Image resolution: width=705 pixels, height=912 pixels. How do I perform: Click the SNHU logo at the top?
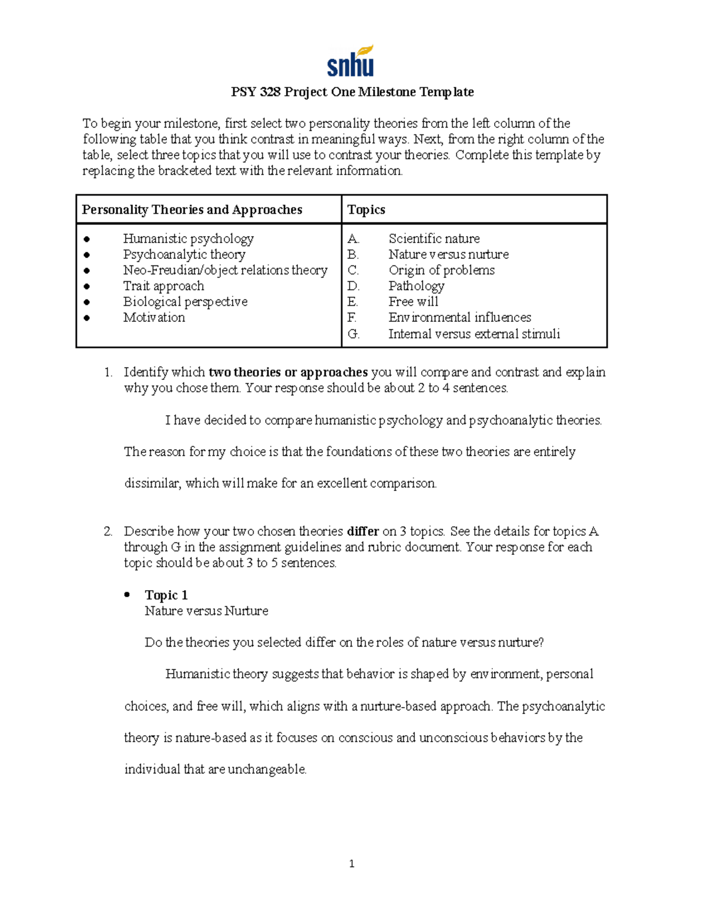pyautogui.click(x=351, y=62)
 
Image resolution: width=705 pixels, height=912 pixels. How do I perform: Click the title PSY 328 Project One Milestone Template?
pyautogui.click(x=352, y=92)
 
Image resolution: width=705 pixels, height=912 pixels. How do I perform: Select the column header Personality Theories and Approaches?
pyautogui.click(x=192, y=210)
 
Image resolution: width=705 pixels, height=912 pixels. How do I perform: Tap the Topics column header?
pyautogui.click(x=366, y=210)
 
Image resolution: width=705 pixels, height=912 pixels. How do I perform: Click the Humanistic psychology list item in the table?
pyautogui.click(x=188, y=238)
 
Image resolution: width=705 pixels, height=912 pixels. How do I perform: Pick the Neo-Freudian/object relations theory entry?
pyautogui.click(x=225, y=270)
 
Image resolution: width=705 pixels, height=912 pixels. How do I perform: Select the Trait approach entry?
pyautogui.click(x=163, y=286)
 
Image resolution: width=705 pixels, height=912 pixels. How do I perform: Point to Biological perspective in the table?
pyautogui.click(x=185, y=302)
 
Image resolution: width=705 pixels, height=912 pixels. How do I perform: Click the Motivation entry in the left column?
pyautogui.click(x=154, y=318)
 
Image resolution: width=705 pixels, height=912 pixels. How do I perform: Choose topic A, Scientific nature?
pyautogui.click(x=434, y=238)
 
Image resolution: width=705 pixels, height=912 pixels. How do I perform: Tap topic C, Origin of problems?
pyautogui.click(x=441, y=270)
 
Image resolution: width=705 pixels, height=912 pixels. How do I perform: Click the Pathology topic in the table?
pyautogui.click(x=416, y=286)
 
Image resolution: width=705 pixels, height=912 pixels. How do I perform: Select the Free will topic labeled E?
pyautogui.click(x=413, y=302)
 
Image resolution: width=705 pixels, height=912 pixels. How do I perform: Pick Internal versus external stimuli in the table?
pyautogui.click(x=474, y=334)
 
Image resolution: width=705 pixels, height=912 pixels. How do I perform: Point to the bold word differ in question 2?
pyautogui.click(x=362, y=531)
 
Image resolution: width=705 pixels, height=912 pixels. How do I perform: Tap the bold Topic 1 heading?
pyautogui.click(x=166, y=595)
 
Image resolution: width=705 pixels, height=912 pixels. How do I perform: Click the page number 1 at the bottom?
pyautogui.click(x=351, y=863)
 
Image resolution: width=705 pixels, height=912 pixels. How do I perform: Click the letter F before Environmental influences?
pyautogui.click(x=351, y=318)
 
